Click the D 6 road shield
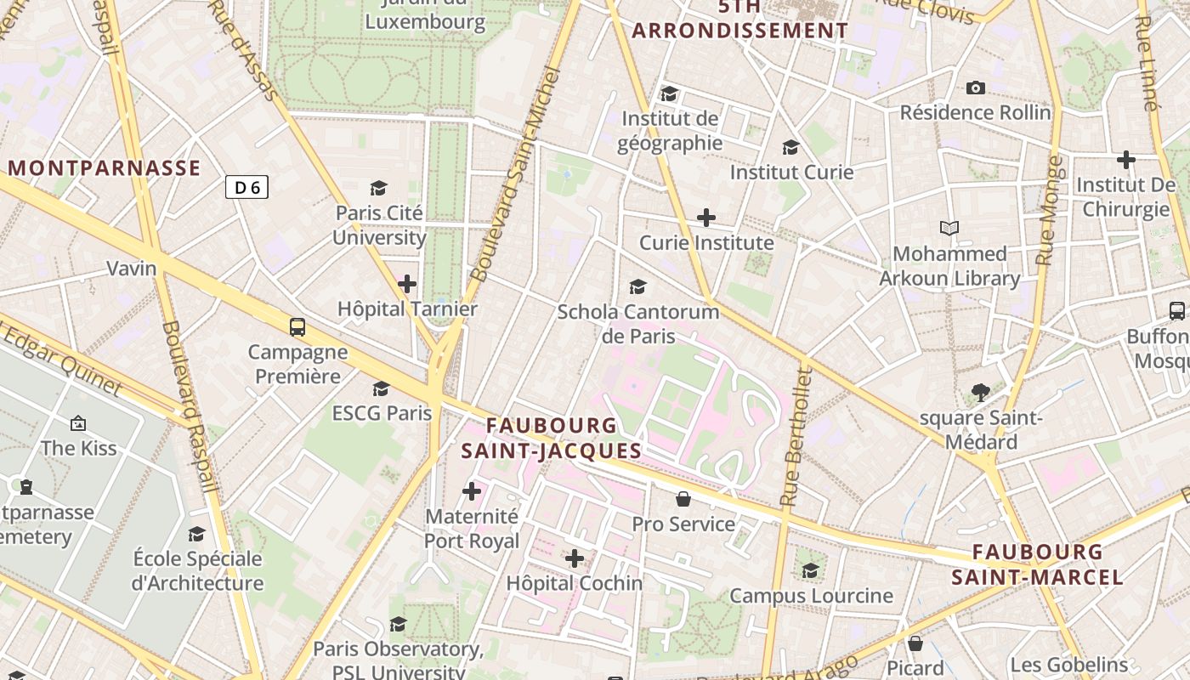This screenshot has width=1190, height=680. tap(246, 187)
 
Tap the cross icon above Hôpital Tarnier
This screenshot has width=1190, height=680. tap(407, 284)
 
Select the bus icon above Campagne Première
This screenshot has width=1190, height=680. tap(297, 327)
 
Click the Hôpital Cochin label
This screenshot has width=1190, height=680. tap(575, 583)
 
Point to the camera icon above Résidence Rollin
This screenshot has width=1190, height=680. tap(976, 88)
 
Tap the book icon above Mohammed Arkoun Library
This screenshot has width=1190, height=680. tap(949, 229)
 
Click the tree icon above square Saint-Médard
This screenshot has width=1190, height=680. tap(981, 393)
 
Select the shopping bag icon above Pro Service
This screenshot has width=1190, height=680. tap(683, 499)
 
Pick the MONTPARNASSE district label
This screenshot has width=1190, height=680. tap(105, 168)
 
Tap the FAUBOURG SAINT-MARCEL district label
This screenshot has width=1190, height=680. tap(1037, 565)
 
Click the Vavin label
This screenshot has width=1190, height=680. tap(132, 269)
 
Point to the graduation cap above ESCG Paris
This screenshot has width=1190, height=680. tap(382, 388)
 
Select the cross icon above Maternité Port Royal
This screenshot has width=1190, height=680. tap(472, 491)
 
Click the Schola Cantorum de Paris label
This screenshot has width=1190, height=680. tap(637, 324)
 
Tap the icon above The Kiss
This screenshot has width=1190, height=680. tap(78, 422)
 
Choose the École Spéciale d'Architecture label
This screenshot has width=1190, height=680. tap(197, 571)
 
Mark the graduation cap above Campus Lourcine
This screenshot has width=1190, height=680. tap(811, 570)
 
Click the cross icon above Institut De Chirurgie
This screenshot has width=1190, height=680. tap(1126, 160)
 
